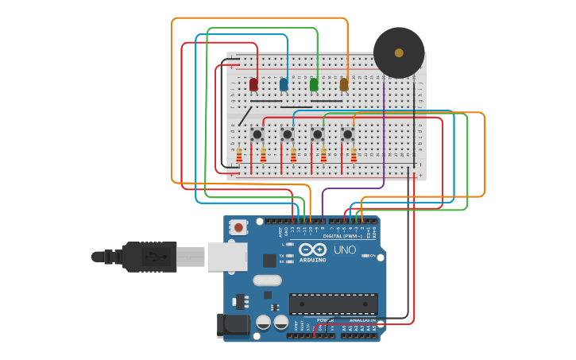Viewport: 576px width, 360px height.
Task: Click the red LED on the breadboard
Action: (x=253, y=84)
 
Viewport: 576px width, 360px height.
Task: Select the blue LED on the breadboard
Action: (x=284, y=84)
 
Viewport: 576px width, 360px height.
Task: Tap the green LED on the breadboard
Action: (x=314, y=84)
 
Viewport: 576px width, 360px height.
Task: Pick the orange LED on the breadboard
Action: (x=344, y=84)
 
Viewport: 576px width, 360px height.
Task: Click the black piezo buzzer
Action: (x=399, y=53)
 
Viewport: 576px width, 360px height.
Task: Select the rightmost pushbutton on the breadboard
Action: (x=347, y=134)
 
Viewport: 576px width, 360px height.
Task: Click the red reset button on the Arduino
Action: (x=238, y=228)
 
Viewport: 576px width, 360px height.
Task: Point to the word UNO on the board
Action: (x=345, y=250)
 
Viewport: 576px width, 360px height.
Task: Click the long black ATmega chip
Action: (x=333, y=304)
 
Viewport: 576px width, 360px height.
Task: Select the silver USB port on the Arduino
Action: (x=226, y=257)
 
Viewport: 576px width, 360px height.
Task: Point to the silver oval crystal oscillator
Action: (x=268, y=280)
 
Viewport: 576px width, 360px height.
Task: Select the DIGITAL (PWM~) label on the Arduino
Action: (x=342, y=236)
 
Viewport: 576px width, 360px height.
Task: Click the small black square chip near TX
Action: (x=269, y=260)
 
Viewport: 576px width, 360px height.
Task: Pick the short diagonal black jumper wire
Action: (x=244, y=116)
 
